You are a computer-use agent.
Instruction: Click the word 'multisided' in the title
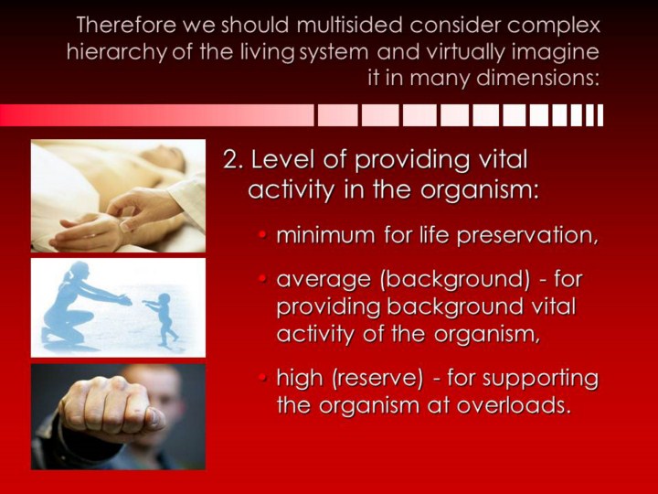click(350, 26)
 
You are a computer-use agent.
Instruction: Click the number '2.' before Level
click(234, 160)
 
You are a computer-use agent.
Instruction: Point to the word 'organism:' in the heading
click(480, 190)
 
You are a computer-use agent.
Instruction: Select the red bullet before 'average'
click(263, 278)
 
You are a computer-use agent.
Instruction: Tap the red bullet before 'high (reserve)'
click(263, 378)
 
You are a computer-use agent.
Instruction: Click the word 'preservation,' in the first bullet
click(527, 235)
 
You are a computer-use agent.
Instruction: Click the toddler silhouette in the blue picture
click(162, 318)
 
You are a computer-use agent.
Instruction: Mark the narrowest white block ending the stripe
click(600, 115)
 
